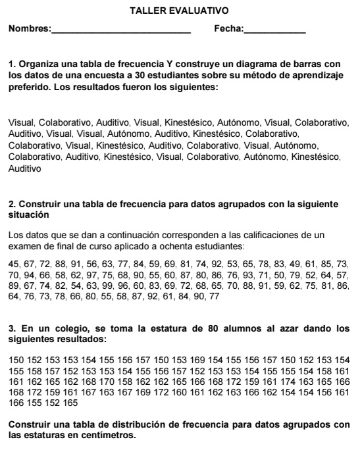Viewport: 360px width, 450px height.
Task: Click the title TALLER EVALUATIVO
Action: click(x=179, y=12)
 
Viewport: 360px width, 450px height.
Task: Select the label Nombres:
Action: click(x=28, y=30)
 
